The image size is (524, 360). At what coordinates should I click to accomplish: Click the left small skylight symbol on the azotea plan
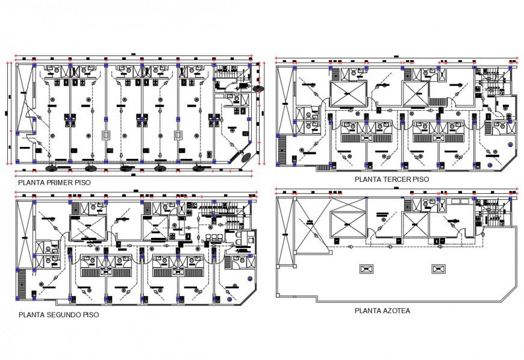[x=365, y=268]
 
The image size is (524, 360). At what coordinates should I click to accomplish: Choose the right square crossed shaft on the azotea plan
[x=416, y=227]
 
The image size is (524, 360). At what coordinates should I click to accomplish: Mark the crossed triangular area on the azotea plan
[x=306, y=232]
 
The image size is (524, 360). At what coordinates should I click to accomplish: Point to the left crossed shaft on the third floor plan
[x=348, y=94]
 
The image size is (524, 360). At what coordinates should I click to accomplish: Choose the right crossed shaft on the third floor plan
[x=416, y=94]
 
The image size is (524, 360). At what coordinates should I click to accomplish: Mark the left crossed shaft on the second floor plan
[x=88, y=229]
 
